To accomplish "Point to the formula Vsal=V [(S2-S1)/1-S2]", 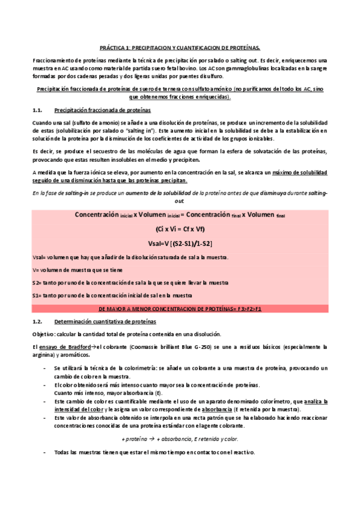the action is pyautogui.click(x=180, y=243).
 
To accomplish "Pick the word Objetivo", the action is pyautogui.click(x=44, y=334).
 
